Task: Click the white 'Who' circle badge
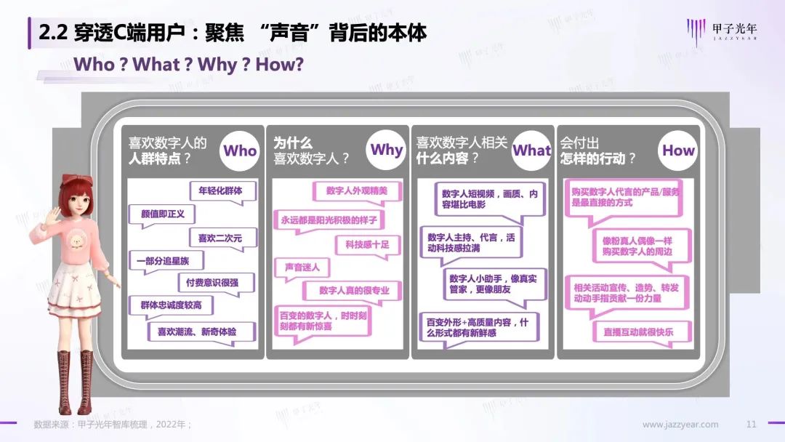pyautogui.click(x=240, y=150)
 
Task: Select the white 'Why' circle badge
pyautogui.click(x=386, y=150)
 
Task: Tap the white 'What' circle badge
pyautogui.click(x=532, y=150)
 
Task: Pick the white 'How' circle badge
pyautogui.click(x=678, y=150)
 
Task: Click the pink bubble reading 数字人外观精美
pyautogui.click(x=356, y=191)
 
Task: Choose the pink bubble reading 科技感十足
pyautogui.click(x=367, y=244)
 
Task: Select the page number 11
pyautogui.click(x=752, y=425)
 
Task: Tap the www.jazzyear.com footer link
pyautogui.click(x=680, y=425)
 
